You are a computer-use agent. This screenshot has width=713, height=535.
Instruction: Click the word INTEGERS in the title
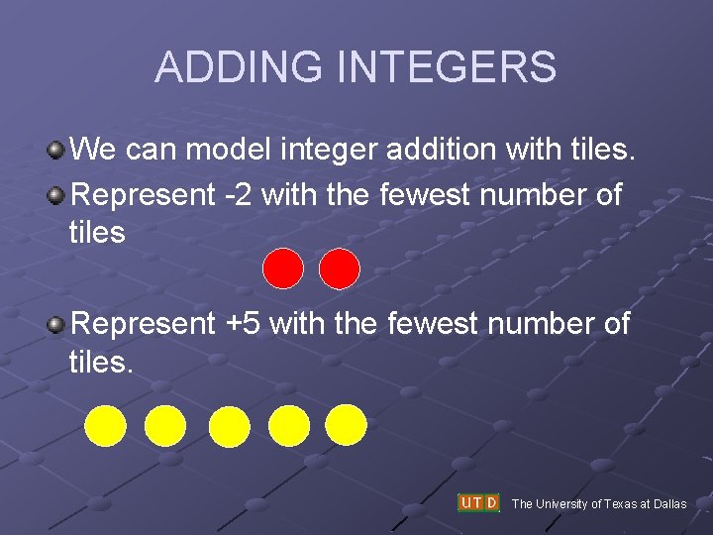(447, 67)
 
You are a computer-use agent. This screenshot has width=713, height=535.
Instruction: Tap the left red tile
(283, 268)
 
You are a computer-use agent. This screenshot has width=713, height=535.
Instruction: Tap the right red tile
(340, 268)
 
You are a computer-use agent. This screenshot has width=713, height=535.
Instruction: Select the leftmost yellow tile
(105, 426)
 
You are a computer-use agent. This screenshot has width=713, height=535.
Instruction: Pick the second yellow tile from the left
(165, 426)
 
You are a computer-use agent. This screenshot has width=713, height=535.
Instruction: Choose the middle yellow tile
(230, 427)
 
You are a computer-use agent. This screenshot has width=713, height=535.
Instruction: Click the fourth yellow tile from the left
(289, 426)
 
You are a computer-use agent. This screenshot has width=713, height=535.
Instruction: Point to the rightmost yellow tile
(347, 424)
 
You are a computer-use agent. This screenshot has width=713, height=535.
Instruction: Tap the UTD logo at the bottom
(478, 502)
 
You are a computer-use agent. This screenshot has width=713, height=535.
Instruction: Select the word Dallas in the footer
(669, 504)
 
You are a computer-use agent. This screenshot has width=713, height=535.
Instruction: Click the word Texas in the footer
(617, 504)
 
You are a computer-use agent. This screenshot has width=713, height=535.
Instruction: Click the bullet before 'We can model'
(56, 151)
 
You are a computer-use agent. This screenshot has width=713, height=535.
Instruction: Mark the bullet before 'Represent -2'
(56, 195)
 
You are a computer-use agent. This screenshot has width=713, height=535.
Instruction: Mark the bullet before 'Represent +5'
(56, 323)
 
